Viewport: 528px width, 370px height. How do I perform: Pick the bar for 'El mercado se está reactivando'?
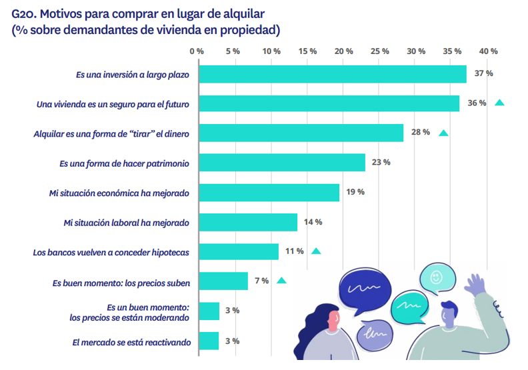(x=209, y=341)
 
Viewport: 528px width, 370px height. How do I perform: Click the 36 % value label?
(x=477, y=103)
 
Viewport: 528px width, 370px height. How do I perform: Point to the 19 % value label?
(x=355, y=192)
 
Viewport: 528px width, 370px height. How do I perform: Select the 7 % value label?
(x=261, y=281)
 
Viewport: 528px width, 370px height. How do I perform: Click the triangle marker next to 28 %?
(x=443, y=133)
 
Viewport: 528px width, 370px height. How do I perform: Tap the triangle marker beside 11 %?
(x=316, y=251)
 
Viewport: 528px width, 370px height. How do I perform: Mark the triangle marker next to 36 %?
(x=499, y=103)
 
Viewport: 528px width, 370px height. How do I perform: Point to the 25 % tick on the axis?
(x=379, y=51)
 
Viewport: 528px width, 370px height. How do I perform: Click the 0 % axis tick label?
(x=197, y=51)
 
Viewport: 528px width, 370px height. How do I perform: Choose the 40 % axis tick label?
(x=489, y=51)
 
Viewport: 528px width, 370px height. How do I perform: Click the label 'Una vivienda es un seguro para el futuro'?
(x=113, y=104)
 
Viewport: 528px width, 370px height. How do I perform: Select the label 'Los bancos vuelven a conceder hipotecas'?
(x=111, y=253)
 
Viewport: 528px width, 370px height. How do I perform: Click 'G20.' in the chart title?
(x=25, y=13)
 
